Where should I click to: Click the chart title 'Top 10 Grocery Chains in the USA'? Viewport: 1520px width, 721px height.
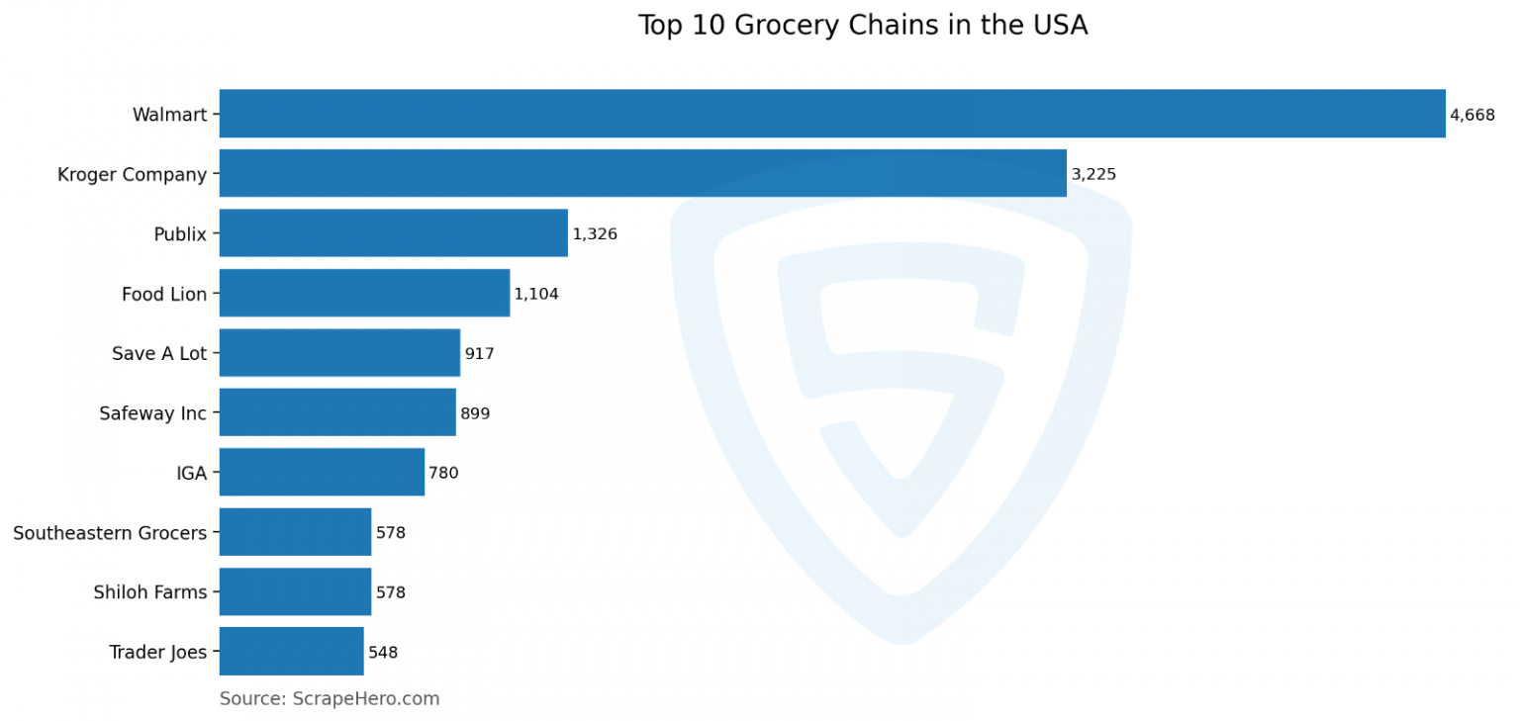862,26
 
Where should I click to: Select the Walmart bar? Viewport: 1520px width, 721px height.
831,114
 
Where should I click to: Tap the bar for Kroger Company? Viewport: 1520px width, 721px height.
642,173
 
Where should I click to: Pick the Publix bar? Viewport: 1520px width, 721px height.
393,233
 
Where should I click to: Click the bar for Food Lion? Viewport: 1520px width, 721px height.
364,293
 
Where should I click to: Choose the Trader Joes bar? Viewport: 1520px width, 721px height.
291,652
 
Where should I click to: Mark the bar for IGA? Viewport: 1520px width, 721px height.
322,473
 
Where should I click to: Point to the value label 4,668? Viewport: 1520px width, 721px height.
1472,115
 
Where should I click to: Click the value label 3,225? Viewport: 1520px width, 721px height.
1093,174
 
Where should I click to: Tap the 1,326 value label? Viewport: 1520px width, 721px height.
595,234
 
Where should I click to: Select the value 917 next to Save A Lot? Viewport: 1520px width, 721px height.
479,353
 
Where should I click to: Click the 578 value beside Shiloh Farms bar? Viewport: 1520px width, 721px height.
391,592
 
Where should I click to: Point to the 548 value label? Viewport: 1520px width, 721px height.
383,653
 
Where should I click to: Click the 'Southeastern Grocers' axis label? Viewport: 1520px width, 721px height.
110,533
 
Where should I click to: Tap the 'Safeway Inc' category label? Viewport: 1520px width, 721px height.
152,413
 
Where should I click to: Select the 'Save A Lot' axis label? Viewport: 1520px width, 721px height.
159,353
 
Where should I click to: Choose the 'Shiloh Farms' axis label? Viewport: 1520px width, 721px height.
150,592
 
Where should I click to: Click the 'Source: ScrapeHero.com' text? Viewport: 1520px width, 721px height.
330,698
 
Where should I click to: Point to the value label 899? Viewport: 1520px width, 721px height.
475,413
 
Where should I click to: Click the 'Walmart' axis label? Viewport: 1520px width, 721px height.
169,115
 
